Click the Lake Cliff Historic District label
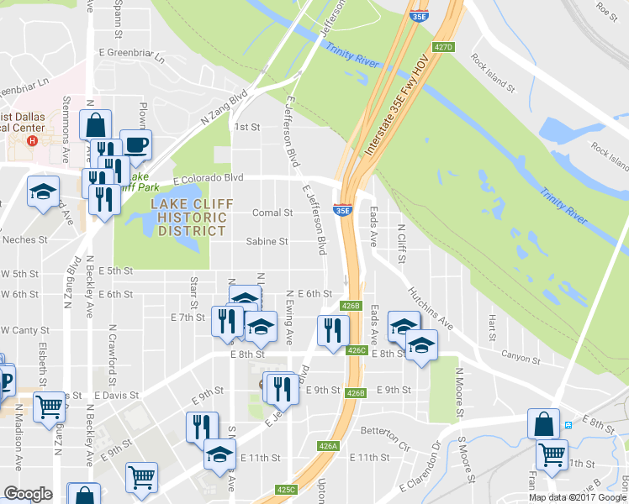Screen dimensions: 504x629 tap(188, 218)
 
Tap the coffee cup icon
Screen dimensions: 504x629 tap(135, 144)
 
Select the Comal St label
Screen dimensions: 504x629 tap(272, 213)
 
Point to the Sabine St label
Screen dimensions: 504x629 tap(267, 241)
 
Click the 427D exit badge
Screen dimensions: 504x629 tap(444, 48)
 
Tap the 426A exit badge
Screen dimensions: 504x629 tap(327, 447)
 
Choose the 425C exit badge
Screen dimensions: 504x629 tap(286, 489)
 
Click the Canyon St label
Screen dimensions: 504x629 tap(521, 359)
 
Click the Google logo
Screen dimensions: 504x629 tap(28, 494)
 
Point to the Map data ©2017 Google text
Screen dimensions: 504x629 tap(578, 497)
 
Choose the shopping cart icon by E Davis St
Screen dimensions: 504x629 tap(50, 407)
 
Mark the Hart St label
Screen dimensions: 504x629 tap(492, 323)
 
